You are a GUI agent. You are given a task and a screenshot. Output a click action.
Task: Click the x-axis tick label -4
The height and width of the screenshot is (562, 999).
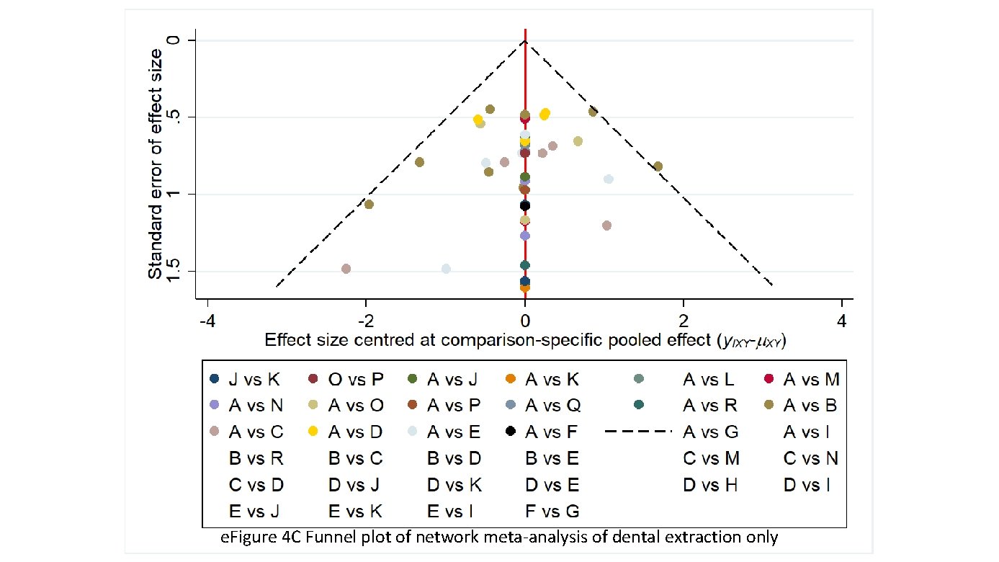(207, 319)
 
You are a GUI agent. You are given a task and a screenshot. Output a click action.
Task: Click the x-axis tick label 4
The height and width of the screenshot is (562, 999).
(842, 319)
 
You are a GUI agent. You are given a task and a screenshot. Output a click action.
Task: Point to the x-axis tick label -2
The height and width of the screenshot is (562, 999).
(366, 319)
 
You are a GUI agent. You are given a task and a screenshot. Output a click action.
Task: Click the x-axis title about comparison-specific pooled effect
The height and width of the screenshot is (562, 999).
(525, 340)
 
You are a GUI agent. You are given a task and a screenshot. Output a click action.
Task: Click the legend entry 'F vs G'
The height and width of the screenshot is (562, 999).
(552, 511)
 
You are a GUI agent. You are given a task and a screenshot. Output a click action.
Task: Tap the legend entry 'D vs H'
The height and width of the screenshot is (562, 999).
(710, 485)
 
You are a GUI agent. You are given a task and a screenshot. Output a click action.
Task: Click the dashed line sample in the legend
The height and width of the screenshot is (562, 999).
(638, 432)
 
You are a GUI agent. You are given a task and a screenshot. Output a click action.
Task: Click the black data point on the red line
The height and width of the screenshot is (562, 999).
(525, 206)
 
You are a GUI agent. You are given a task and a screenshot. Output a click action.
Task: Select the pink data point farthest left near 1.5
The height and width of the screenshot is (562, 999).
(346, 269)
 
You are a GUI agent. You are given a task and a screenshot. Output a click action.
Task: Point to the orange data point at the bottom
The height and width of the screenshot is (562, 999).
(525, 287)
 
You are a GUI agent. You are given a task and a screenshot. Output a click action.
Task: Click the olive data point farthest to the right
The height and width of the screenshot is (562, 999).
(658, 166)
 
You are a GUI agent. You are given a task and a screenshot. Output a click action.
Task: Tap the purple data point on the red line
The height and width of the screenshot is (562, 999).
(525, 236)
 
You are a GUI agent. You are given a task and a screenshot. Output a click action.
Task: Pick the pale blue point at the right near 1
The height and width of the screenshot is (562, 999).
(609, 179)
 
